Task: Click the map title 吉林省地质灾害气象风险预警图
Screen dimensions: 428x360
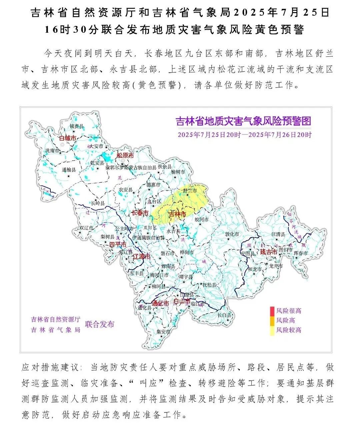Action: click(x=243, y=121)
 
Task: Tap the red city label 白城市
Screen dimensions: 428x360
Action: click(x=68, y=138)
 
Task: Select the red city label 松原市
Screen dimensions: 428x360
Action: click(x=125, y=155)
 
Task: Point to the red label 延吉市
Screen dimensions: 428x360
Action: click(x=269, y=252)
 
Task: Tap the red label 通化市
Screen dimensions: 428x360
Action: click(x=160, y=303)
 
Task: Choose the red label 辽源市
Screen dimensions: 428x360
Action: click(x=141, y=257)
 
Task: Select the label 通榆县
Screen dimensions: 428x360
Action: click(x=69, y=170)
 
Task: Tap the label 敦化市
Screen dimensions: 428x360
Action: click(x=232, y=235)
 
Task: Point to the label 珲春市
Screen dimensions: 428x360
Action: click(x=301, y=254)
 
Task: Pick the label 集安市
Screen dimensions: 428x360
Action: click(x=163, y=332)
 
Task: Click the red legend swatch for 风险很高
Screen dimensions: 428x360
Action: click(x=272, y=311)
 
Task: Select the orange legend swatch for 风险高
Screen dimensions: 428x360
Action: click(x=272, y=321)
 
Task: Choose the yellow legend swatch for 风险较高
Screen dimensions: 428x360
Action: click(x=272, y=330)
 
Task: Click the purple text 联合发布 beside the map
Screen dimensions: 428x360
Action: click(x=100, y=324)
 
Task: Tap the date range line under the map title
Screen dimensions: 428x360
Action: click(x=244, y=135)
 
